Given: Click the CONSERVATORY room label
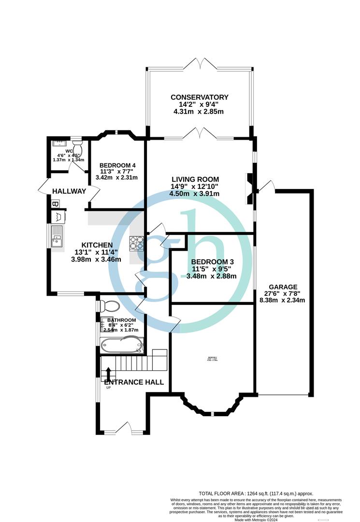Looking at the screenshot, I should tap(200, 97).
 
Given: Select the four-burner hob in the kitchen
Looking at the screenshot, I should tap(136, 243).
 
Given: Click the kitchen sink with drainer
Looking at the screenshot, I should tap(57, 236).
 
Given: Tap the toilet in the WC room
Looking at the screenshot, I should tap(77, 144).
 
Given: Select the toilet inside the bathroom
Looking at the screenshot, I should tap(109, 306).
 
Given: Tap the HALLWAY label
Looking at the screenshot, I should tap(69, 191).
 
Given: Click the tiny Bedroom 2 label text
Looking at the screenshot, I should tap(213, 359).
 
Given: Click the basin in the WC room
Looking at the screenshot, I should tap(59, 143).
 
